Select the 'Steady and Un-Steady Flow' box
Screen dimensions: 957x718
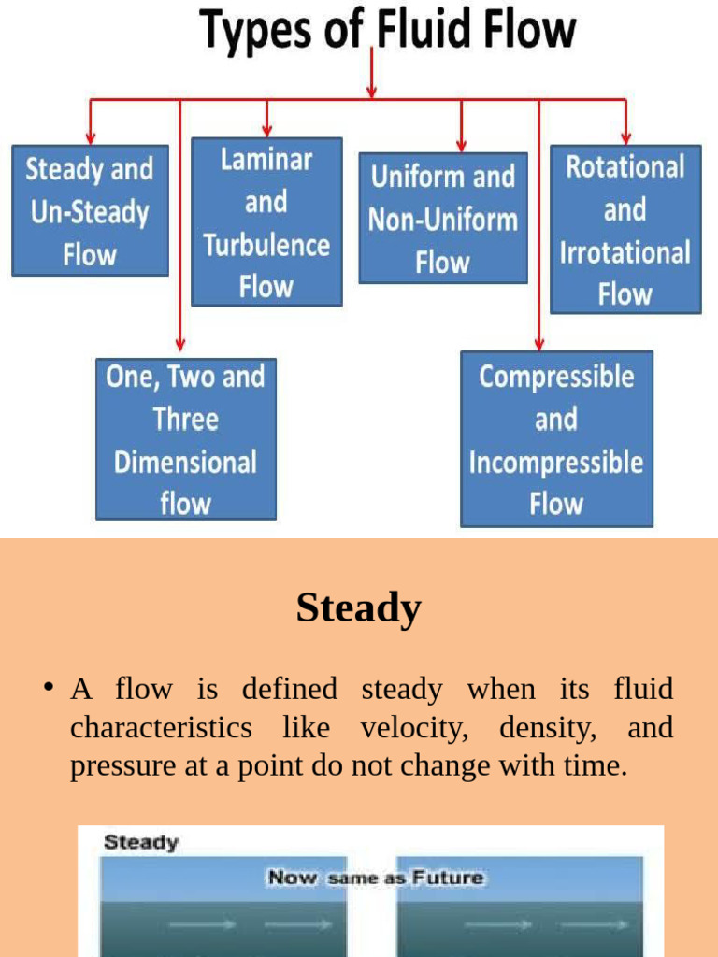90,211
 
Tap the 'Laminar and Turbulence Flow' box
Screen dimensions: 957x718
266,222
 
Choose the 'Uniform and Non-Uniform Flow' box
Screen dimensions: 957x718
442,219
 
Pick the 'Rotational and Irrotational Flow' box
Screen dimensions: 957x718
625,230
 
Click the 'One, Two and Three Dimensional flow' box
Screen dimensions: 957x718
185,439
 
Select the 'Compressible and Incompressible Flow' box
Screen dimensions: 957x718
556,439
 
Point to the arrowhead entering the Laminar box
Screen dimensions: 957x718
267,131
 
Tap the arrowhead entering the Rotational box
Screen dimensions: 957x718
625,138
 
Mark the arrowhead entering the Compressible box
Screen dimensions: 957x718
539,344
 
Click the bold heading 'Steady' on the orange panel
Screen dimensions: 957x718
359,608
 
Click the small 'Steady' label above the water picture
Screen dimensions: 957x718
141,842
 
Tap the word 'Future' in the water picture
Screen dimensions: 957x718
448,878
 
